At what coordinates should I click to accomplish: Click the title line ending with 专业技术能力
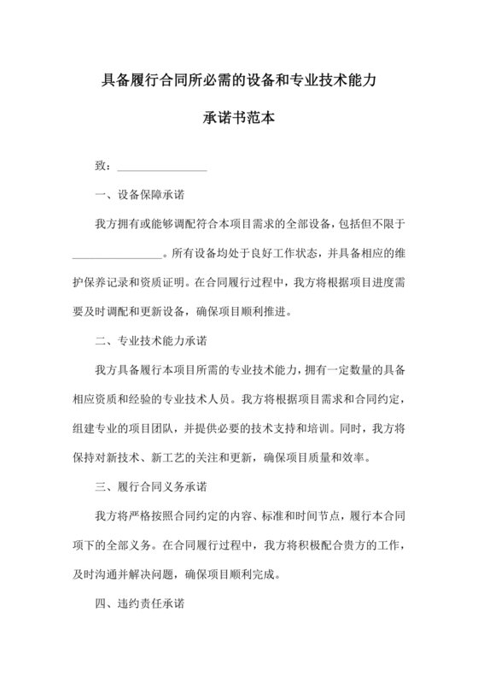[x=238, y=83]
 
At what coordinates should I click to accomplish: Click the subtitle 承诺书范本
[x=238, y=119]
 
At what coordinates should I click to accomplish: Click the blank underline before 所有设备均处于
[x=115, y=253]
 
